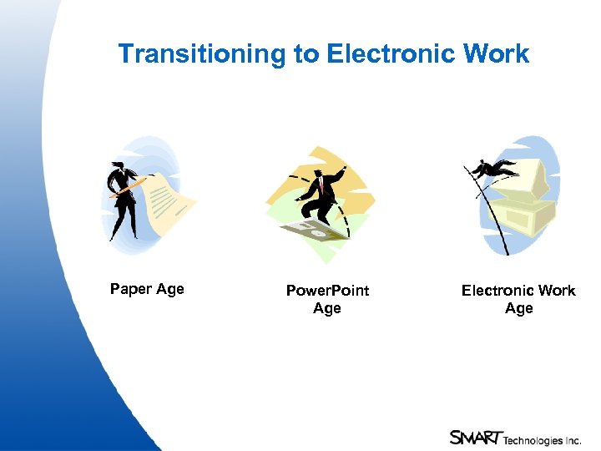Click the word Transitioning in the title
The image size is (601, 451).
(203, 54)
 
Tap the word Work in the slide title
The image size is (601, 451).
(496, 54)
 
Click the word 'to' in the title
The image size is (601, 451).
(306, 54)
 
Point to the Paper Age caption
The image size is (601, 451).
(147, 289)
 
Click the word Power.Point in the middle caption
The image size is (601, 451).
(327, 291)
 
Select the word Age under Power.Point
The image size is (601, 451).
(327, 308)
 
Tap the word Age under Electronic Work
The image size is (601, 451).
(518, 308)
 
